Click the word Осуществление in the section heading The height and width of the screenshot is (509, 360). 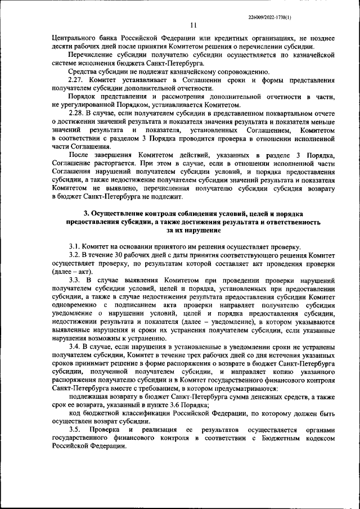coord(124,214)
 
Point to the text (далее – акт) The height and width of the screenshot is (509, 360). coord(69,272)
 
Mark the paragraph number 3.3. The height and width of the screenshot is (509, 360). coord(76,280)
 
